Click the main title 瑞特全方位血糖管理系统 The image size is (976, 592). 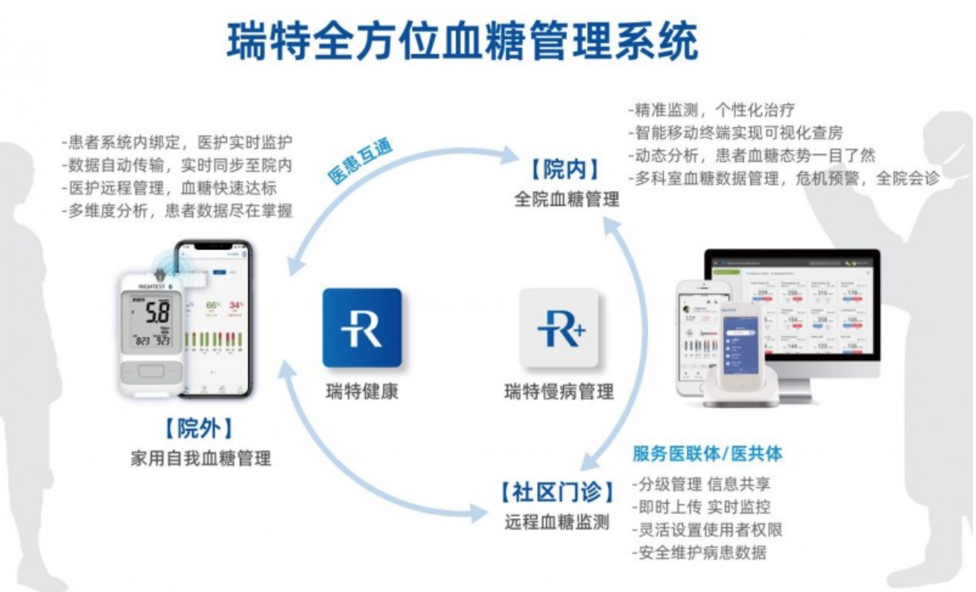point(462,41)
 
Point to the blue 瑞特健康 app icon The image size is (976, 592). point(362,328)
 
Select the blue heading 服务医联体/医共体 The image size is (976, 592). point(707,453)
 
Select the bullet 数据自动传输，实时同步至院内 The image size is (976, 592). point(176,165)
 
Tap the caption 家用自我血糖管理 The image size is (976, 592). point(200,458)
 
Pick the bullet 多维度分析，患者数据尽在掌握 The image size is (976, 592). point(176,211)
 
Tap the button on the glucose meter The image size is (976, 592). point(152,372)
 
